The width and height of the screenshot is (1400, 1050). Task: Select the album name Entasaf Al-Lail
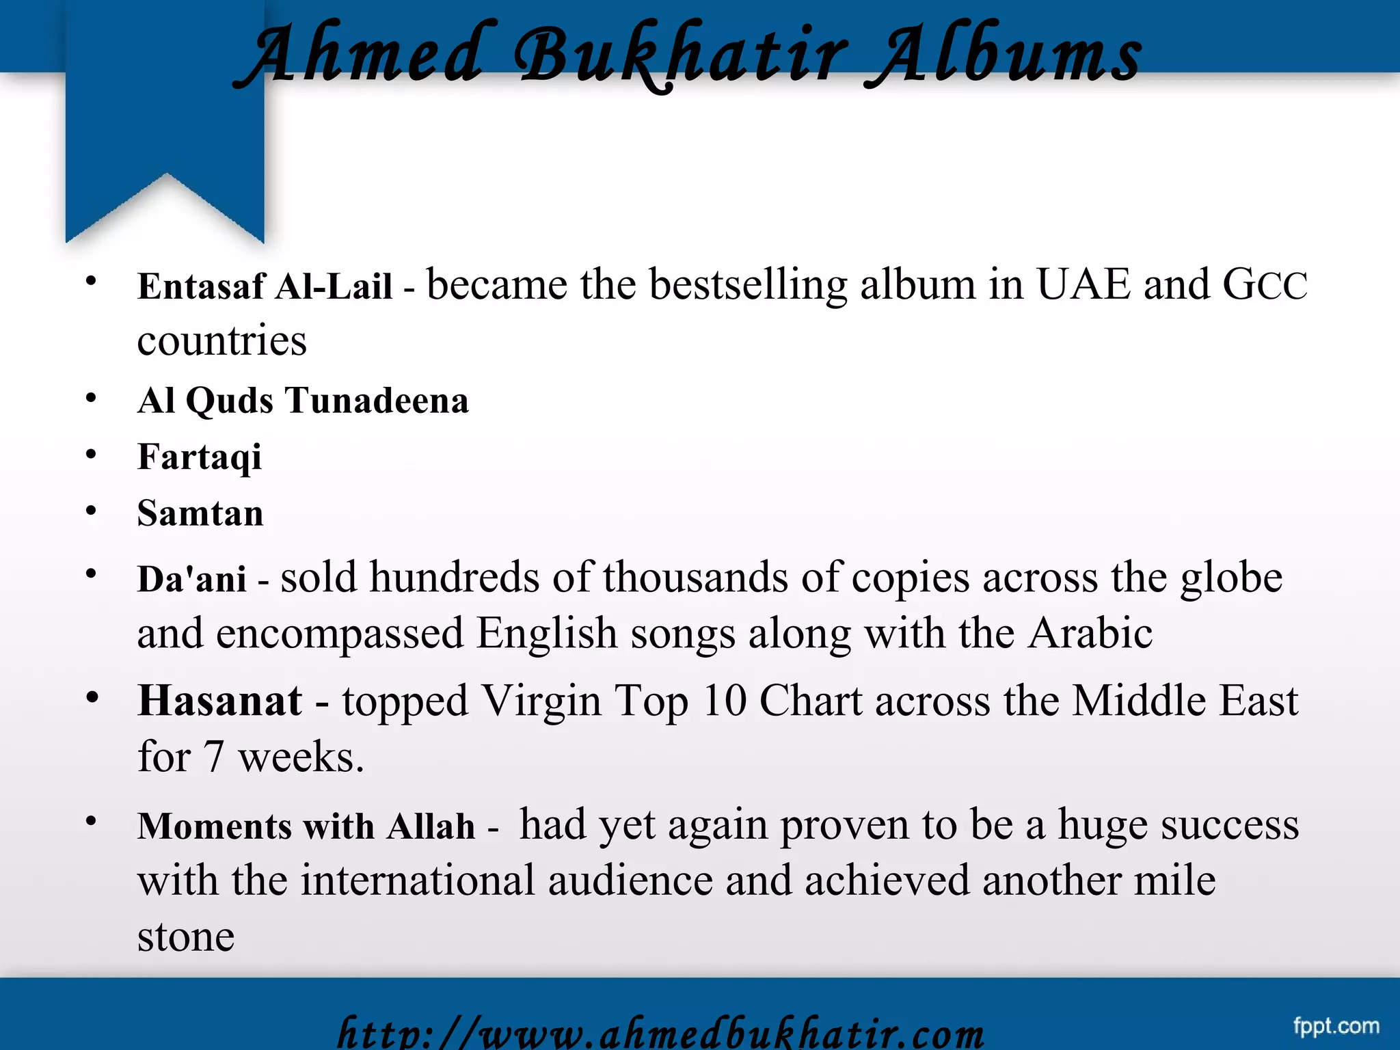tap(265, 286)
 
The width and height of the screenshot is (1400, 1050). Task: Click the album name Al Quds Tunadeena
tap(303, 401)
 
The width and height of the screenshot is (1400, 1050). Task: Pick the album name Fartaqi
tap(199, 457)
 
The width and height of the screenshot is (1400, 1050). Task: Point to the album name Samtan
tap(200, 513)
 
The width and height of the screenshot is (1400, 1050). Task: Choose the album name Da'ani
tap(191, 579)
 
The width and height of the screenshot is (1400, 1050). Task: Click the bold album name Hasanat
tap(219, 701)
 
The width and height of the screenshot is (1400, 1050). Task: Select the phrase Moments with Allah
tap(306, 826)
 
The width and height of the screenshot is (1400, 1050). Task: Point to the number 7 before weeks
tap(214, 757)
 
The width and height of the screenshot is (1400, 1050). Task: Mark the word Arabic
tap(1090, 633)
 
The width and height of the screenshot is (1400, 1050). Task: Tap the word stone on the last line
tap(185, 937)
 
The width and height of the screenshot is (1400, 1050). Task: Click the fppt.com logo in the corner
tap(1336, 1025)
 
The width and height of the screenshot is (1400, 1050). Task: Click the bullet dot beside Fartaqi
tap(91, 455)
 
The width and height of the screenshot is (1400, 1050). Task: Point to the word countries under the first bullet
tap(221, 341)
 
